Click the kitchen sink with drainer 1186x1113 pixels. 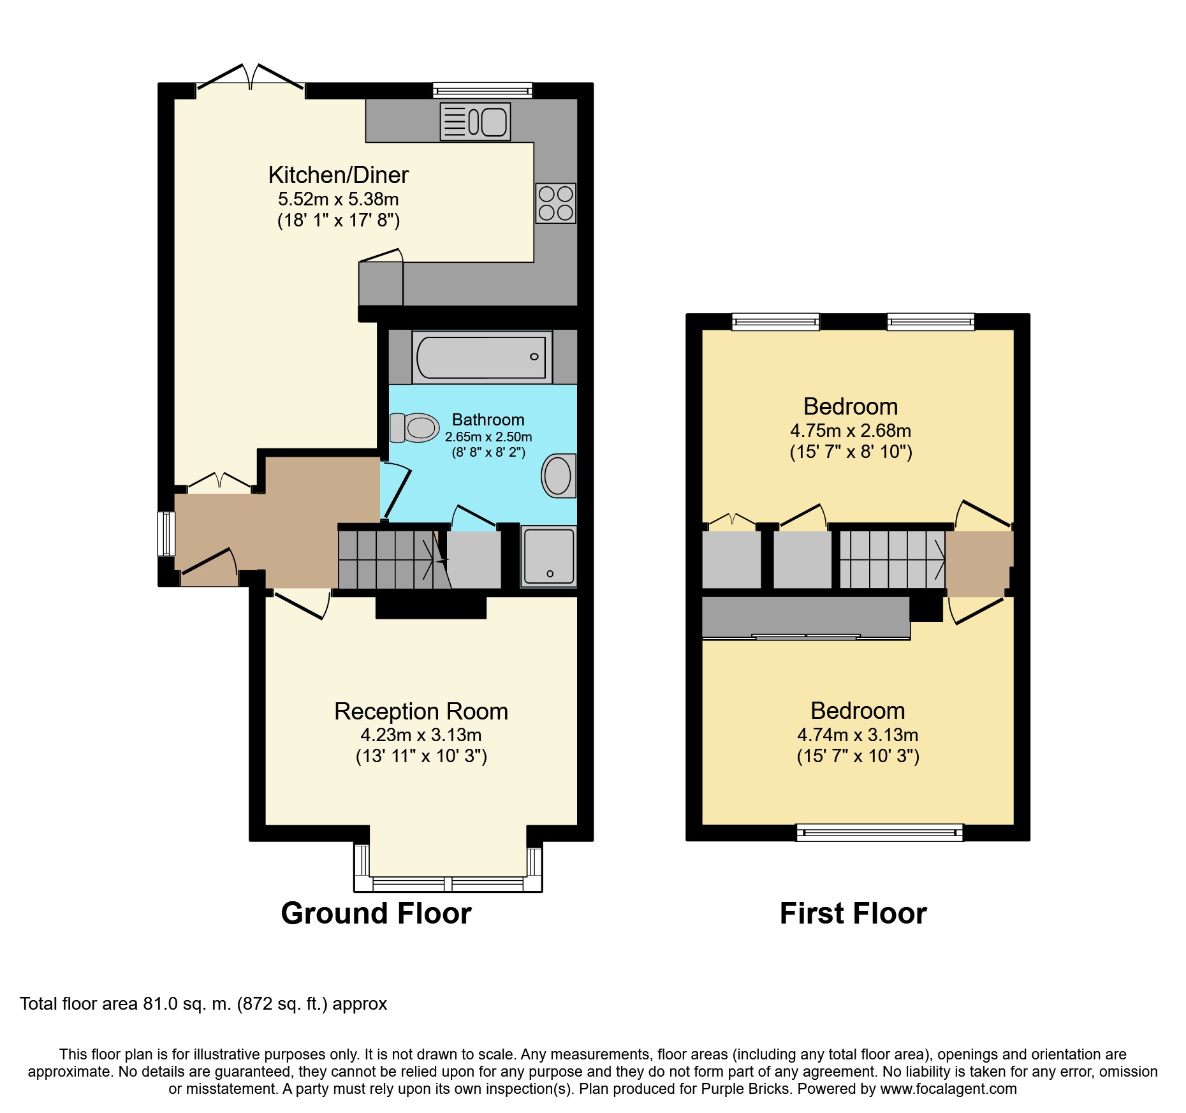coord(475,121)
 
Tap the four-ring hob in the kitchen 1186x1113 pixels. coord(556,203)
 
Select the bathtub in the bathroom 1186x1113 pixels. coord(482,357)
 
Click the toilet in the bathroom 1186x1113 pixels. coord(414,427)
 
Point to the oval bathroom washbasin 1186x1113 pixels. coord(559,476)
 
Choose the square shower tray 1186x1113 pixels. coord(549,556)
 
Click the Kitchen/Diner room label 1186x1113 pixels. coord(339,175)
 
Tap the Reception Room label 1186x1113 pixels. coord(421,711)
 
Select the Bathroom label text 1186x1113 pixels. coord(488,420)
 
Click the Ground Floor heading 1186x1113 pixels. coord(376,913)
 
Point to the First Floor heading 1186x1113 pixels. coord(853,913)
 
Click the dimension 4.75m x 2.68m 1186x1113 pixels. coord(851,431)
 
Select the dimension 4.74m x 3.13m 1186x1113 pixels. coord(858,735)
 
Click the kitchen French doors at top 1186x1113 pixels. coord(250,78)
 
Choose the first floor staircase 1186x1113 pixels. coord(893,559)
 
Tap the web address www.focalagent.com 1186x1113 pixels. coord(948,1089)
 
